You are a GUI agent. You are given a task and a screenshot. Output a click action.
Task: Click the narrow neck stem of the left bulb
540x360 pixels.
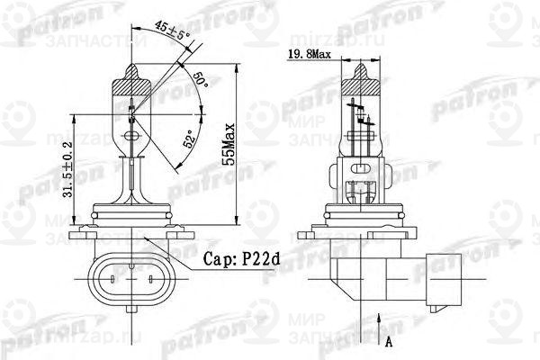pos(133,180)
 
